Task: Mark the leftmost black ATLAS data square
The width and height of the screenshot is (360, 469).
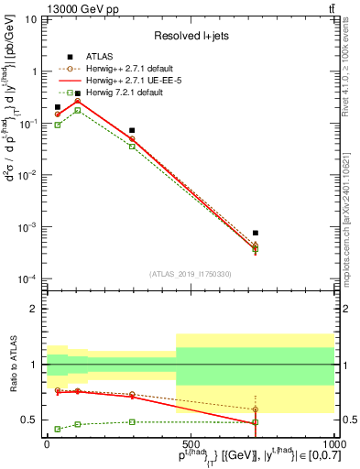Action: point(58,107)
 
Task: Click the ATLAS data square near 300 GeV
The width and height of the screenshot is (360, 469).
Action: point(132,131)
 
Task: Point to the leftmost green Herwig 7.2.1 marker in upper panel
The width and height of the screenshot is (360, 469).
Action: point(58,125)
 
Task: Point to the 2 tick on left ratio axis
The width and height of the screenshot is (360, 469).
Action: point(36,310)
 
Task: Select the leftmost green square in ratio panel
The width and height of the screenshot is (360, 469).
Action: point(58,429)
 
